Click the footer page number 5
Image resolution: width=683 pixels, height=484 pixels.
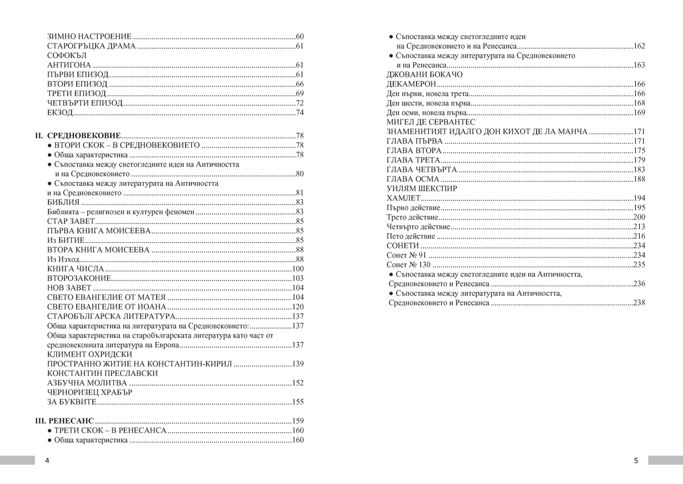pos(636,460)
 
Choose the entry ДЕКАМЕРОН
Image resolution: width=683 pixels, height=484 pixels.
pos(411,84)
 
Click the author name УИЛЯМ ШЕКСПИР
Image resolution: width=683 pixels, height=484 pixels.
pos(422,188)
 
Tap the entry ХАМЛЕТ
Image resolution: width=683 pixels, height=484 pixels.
pos(404,198)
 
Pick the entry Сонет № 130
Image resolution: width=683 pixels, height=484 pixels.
pos(408,264)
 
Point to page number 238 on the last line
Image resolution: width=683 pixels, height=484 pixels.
pos(639,303)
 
